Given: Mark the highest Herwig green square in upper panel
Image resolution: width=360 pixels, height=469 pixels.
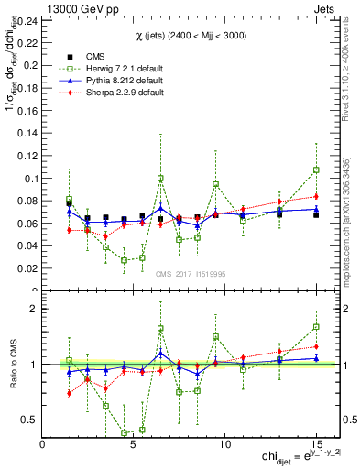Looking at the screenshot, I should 316,169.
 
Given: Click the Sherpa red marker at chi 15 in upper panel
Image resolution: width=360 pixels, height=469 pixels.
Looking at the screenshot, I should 316,196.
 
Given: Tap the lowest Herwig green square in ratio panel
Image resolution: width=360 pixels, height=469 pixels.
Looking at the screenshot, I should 124,433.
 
